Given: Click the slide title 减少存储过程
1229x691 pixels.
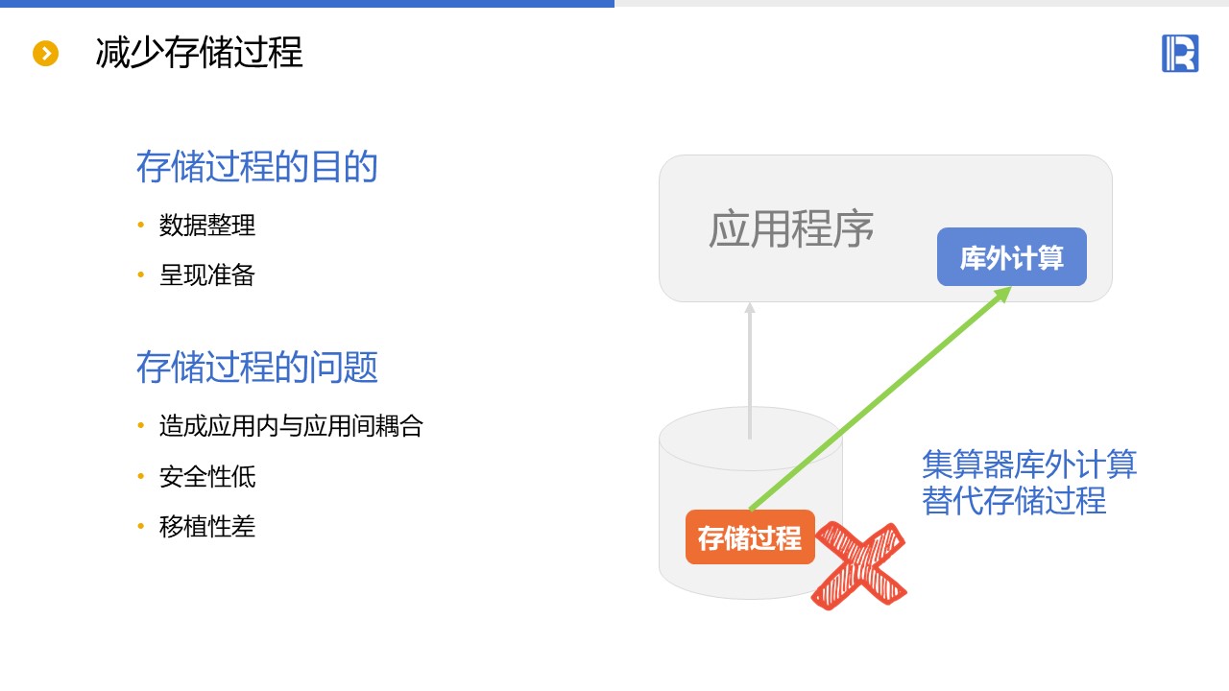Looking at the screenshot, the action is pos(199,53).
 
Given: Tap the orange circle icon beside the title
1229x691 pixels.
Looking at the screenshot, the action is pos(45,53).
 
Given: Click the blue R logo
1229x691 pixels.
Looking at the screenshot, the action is pos(1180,53).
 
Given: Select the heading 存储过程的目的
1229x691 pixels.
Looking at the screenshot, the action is pos(256,166).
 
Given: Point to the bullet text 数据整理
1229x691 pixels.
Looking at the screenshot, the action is pos(207,225).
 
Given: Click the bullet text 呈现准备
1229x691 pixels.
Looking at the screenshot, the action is pos(207,274).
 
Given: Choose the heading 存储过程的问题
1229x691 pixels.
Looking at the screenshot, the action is pos(256,367).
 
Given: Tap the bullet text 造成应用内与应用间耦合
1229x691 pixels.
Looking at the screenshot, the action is pos(291,425).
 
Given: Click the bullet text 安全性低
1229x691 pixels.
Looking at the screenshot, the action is pos(207,476).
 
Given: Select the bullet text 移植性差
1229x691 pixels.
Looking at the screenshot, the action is pos(207,527).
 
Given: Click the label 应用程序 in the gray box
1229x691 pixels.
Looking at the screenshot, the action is pos(790,228).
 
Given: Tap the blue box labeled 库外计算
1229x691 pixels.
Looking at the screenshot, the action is pos(1012,256).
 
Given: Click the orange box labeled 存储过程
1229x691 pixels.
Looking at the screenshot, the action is pos(750,536).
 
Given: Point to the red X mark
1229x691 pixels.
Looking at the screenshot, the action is pos(859,565).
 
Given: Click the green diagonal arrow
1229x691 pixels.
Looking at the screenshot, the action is pos(880,398).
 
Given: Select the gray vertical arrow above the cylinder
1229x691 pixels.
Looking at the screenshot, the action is pos(750,370).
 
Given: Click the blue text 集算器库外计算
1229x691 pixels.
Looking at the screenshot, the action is pos(1029,464).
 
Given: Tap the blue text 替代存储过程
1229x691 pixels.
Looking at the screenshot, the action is pos(1014,500).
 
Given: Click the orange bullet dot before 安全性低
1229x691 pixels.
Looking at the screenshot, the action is pos(141,476).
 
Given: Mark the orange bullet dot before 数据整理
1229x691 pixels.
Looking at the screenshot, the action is pos(141,225).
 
